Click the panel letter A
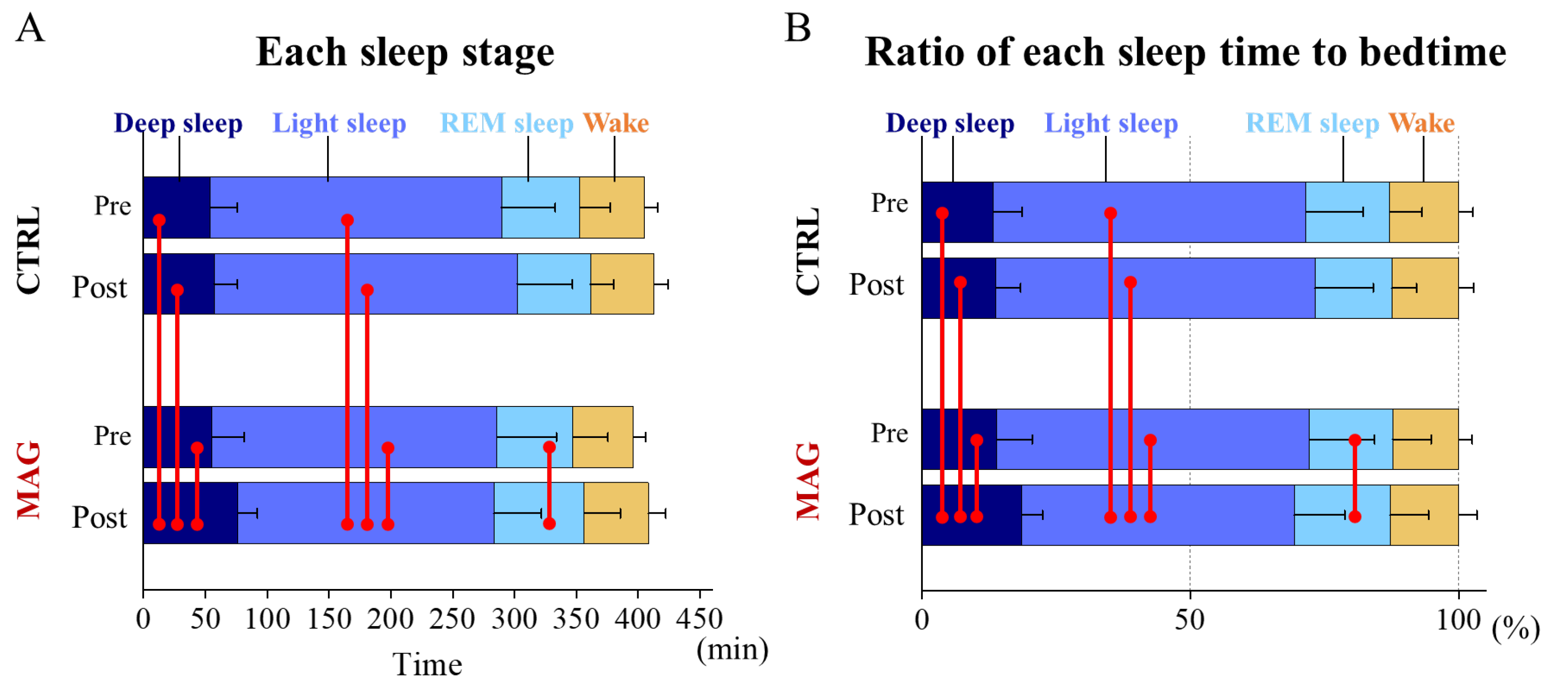pos(30,28)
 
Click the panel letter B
pos(798,28)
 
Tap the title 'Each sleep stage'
pos(405,53)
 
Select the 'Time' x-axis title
pos(427,665)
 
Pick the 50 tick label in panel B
pos(1190,619)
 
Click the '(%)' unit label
pos(1515,629)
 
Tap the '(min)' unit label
pos(732,649)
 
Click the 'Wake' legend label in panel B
pos(1421,123)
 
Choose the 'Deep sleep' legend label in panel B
pos(949,123)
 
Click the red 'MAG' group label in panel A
pos(29,480)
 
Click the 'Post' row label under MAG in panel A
pos(100,517)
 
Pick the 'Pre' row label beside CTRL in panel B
pos(889,203)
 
